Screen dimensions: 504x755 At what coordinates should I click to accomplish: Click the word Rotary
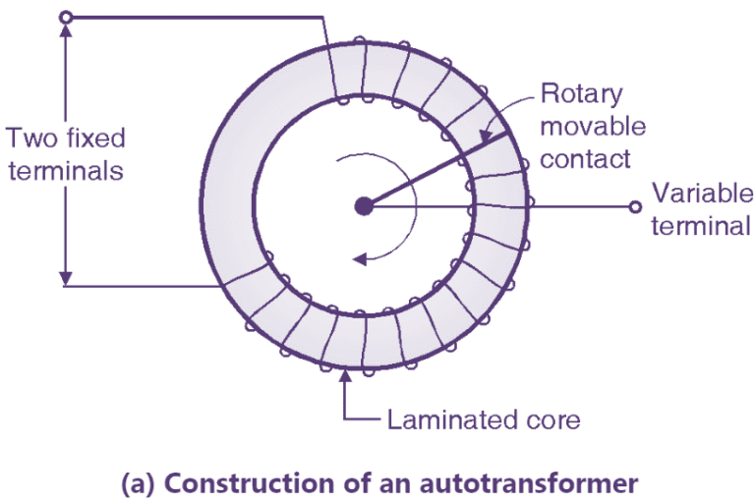tap(582, 95)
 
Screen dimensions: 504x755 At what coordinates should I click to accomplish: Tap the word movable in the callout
tap(594, 127)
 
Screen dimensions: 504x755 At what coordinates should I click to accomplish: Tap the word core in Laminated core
tap(549, 421)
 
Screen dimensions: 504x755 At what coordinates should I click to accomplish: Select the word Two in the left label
tap(28, 137)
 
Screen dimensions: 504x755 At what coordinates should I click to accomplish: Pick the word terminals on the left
tap(64, 169)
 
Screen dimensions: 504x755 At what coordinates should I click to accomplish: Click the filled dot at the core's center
tap(364, 206)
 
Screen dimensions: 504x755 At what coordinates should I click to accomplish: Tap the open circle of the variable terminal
tap(636, 206)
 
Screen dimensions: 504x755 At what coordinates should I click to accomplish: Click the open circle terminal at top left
tap(66, 17)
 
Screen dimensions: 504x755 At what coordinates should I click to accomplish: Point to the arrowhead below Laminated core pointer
tap(346, 378)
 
